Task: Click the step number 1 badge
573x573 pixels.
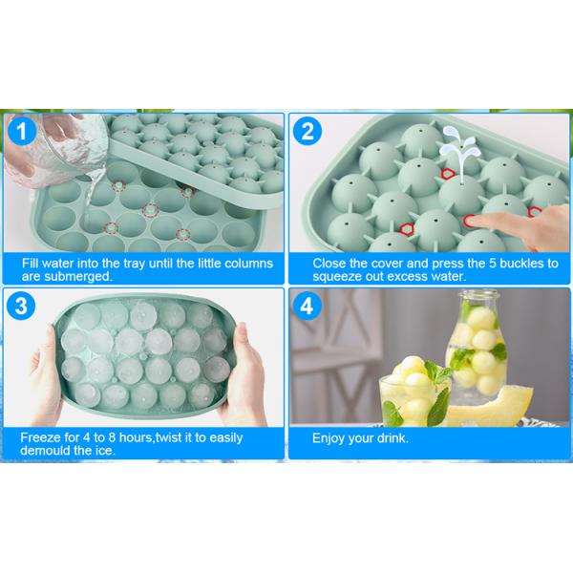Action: coord(22,132)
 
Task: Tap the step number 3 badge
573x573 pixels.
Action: coord(22,308)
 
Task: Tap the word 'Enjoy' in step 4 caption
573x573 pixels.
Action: coord(329,439)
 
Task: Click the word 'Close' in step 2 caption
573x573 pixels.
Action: coord(329,262)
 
